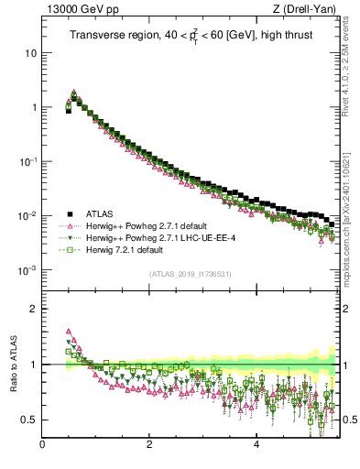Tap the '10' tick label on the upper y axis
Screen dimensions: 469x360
(x=31, y=52)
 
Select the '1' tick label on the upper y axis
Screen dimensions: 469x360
(x=34, y=107)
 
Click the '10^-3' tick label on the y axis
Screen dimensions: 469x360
(x=28, y=270)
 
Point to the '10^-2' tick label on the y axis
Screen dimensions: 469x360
(x=28, y=216)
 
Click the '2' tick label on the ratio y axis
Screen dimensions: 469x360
(x=34, y=309)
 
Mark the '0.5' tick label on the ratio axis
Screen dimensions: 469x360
(x=30, y=420)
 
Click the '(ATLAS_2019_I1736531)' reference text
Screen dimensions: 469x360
(x=191, y=274)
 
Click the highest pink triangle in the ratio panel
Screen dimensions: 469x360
(x=68, y=332)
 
